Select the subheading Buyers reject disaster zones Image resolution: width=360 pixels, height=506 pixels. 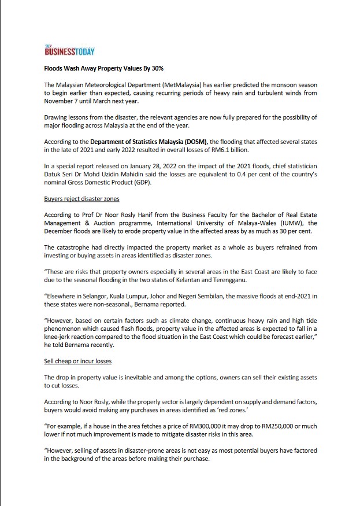coord(81,199)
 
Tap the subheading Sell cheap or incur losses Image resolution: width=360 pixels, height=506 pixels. coord(77,361)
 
